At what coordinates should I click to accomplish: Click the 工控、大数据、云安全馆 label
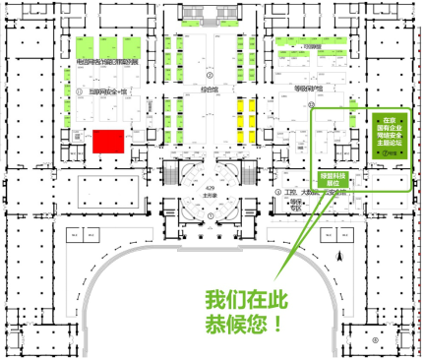[317, 194]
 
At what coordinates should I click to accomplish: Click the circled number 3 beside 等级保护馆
[312, 101]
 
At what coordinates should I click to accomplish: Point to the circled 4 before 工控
[278, 193]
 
